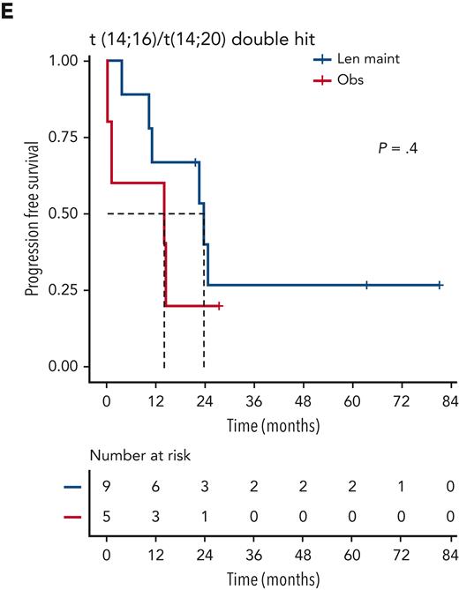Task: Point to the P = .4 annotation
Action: click(397, 147)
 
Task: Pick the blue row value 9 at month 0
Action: click(107, 487)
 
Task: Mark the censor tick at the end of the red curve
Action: click(219, 305)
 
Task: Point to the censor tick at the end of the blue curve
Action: click(440, 285)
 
